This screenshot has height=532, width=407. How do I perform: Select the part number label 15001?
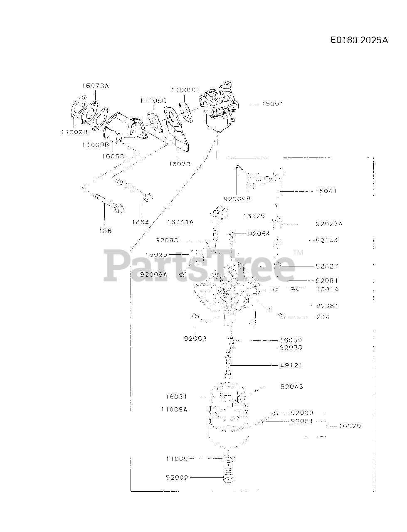[x=272, y=104]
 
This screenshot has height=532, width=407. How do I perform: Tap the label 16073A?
[x=95, y=86]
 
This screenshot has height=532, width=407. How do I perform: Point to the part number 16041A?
[x=180, y=222]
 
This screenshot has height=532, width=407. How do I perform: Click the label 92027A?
[x=329, y=224]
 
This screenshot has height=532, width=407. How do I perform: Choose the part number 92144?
[x=327, y=241]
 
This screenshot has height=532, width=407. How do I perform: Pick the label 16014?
[x=327, y=289]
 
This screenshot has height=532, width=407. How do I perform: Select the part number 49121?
[x=291, y=365]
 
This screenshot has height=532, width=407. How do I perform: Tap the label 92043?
[x=292, y=387]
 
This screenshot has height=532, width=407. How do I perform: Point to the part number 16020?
[x=350, y=426]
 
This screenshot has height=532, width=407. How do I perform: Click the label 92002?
[x=177, y=478]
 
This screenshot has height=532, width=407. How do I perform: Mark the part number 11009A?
[x=174, y=409]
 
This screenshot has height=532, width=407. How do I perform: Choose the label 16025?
[x=156, y=254]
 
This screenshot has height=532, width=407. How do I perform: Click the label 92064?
[x=259, y=234]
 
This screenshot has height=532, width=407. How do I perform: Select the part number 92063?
[x=195, y=338]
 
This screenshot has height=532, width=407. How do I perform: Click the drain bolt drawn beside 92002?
[x=227, y=478]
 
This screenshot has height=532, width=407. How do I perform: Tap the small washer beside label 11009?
[x=228, y=458]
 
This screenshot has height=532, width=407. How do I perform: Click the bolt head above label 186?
[x=118, y=207]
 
